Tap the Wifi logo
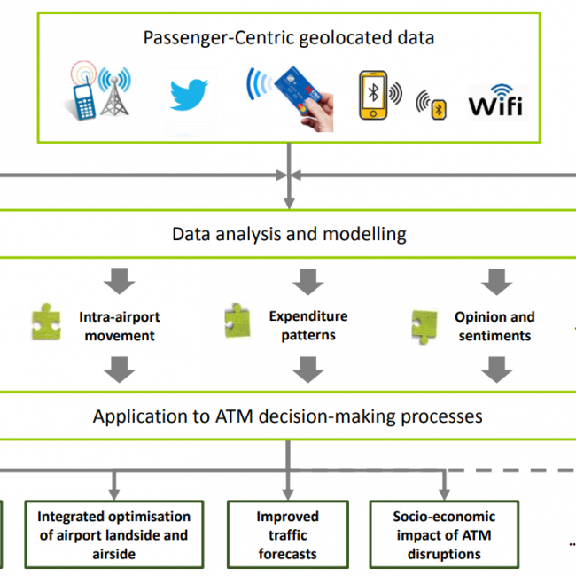496,102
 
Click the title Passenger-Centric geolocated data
289,38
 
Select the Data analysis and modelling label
289,235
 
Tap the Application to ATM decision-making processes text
288,416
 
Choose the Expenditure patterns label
308,325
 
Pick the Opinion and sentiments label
494,326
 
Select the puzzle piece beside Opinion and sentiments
424,326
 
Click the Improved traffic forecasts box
287,534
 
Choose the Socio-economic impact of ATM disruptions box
445,534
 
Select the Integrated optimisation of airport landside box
113,534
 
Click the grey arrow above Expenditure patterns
307,282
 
